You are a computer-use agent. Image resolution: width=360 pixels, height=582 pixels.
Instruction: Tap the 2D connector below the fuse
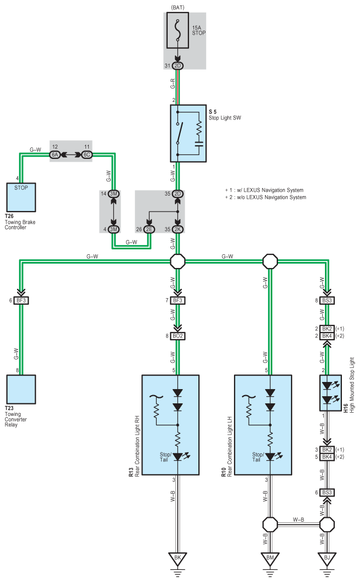point(178,66)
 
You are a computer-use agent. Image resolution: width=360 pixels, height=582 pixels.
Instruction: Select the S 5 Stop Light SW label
point(225,115)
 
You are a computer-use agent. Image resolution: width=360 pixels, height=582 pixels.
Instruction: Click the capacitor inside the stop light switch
point(199,144)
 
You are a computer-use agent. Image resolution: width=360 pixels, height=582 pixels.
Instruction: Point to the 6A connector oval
point(55,155)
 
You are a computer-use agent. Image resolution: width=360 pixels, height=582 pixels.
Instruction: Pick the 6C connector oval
point(87,155)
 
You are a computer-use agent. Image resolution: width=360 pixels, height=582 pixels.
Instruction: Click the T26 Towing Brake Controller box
point(21,197)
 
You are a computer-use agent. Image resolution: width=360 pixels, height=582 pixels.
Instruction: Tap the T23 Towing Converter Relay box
point(21,389)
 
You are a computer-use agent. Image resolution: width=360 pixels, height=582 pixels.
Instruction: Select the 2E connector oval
point(149,230)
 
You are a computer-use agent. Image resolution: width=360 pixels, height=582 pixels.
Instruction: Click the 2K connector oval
point(178,230)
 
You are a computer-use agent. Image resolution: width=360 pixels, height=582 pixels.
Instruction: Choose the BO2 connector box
point(178,336)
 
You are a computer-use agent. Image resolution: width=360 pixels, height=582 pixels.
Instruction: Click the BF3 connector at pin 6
point(21,300)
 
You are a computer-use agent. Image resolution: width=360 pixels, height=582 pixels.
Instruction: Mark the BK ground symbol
point(178,558)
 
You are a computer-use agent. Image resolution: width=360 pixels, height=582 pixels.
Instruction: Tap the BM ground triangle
point(270,558)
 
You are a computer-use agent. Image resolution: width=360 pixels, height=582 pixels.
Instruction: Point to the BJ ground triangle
point(327,558)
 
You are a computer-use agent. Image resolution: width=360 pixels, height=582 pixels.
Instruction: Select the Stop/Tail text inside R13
point(165,457)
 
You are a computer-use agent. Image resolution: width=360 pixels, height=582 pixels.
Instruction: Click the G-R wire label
point(173,83)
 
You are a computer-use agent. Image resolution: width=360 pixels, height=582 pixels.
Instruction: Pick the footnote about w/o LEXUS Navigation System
point(266,197)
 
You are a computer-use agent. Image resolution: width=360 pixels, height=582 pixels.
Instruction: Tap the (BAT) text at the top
point(178,8)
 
